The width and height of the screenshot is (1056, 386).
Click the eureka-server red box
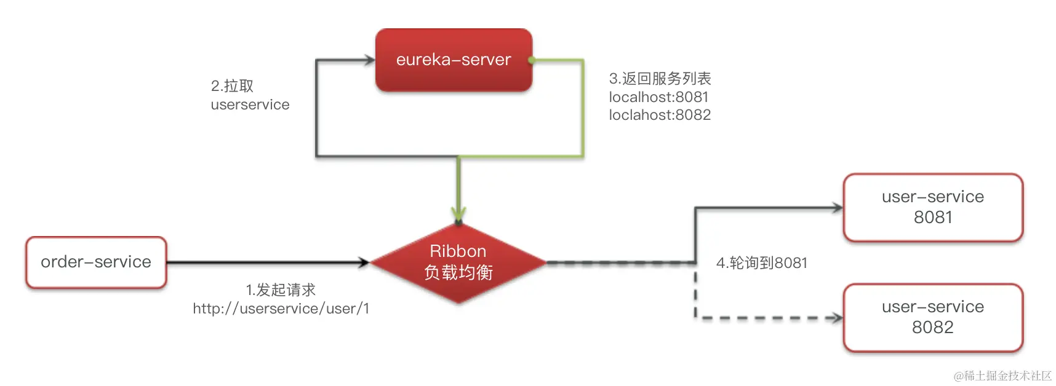(x=454, y=60)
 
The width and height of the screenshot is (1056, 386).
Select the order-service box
(x=96, y=262)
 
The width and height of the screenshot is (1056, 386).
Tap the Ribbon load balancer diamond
(x=458, y=262)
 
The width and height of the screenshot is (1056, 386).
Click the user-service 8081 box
(x=932, y=207)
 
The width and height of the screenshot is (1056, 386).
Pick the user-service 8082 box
(x=932, y=317)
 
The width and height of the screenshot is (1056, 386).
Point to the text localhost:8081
(x=658, y=97)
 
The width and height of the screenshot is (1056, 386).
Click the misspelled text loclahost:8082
(x=660, y=115)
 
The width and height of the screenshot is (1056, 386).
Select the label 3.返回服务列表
(x=660, y=79)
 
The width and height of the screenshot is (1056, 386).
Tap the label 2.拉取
(x=232, y=86)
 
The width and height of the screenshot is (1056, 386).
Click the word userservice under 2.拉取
(x=250, y=104)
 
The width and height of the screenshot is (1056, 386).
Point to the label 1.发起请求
(x=281, y=289)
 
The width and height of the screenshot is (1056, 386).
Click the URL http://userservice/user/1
(x=281, y=309)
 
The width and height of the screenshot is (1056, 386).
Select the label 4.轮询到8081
(x=761, y=263)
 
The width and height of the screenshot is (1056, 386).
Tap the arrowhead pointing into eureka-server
(x=369, y=60)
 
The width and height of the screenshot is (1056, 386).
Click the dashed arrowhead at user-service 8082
(x=836, y=318)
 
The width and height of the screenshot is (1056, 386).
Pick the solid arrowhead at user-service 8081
(x=837, y=208)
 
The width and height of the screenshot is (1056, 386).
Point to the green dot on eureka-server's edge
(x=531, y=60)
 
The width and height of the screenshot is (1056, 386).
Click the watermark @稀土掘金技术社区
(x=1002, y=376)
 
